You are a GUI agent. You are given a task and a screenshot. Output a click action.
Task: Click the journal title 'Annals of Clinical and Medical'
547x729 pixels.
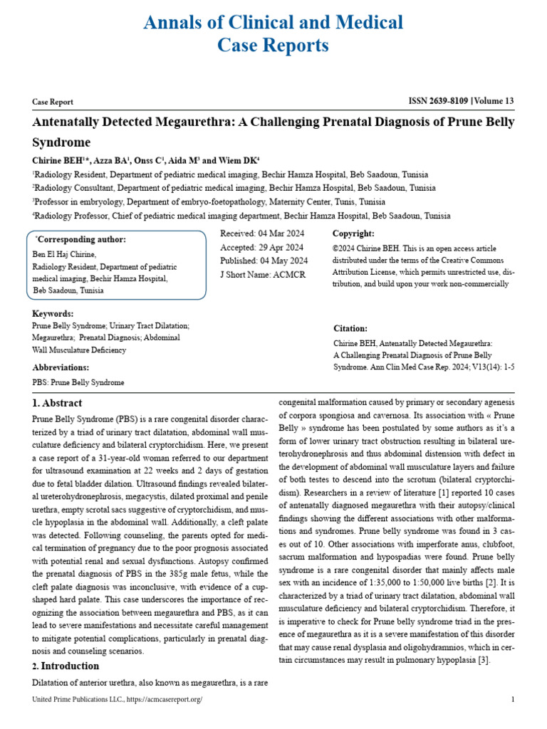point(273,22)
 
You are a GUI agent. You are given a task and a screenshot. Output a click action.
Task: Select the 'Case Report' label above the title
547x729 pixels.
point(53,103)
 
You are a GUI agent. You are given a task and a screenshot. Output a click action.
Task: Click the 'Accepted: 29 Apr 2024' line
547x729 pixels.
point(261,247)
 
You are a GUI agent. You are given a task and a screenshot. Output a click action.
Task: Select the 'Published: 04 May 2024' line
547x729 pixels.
point(264,261)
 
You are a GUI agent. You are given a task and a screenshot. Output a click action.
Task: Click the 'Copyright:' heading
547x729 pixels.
point(353,234)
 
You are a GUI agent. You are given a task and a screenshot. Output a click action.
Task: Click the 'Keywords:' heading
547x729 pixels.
point(53,313)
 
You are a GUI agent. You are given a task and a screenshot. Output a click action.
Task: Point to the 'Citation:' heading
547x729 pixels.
point(350,328)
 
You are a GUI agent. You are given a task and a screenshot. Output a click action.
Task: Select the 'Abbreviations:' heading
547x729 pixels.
point(61,367)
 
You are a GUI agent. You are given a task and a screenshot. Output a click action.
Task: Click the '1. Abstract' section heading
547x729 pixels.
point(57,404)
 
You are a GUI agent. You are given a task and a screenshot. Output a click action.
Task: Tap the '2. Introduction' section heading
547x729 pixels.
point(66,666)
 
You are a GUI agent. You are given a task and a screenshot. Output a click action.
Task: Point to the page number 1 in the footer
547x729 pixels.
point(513,700)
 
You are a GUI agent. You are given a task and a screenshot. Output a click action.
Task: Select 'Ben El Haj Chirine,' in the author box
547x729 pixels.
point(64,254)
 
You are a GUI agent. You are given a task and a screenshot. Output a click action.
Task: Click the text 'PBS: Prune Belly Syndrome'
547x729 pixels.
point(78,382)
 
